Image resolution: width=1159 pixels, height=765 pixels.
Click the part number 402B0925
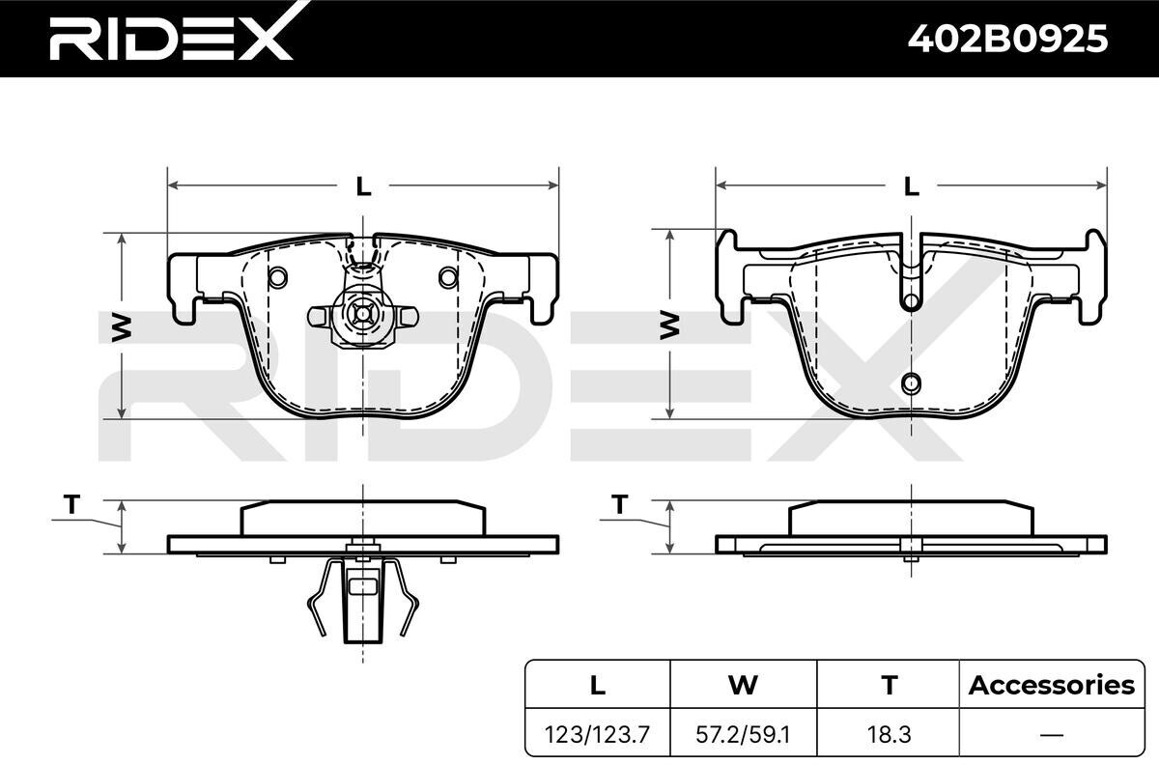point(1007,39)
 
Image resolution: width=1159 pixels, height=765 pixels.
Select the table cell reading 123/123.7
point(597,734)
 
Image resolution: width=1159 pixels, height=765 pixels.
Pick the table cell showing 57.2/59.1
point(743,734)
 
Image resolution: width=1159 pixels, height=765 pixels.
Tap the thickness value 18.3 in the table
point(889,734)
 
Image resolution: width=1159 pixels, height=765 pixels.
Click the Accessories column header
point(1052,685)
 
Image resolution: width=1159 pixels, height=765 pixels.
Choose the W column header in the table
point(743,685)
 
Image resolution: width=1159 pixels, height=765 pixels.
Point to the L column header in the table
point(598,685)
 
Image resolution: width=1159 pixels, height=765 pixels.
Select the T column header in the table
point(890,685)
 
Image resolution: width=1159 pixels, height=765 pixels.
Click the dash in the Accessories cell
point(1052,735)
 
